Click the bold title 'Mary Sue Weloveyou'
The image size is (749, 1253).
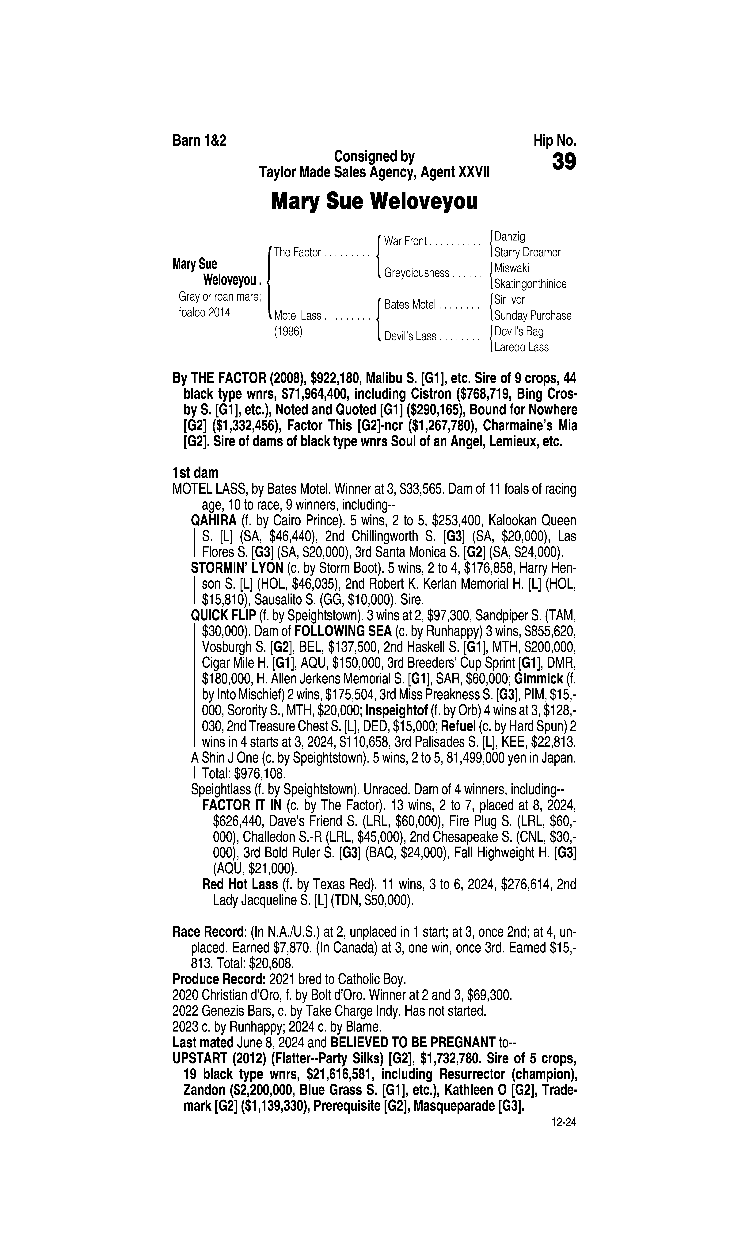[x=374, y=202]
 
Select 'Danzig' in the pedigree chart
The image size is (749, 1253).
[x=510, y=236]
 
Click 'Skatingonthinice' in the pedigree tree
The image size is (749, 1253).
[x=530, y=284]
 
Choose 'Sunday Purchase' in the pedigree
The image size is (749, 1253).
[x=532, y=316]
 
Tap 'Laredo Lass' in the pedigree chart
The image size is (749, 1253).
[x=521, y=347]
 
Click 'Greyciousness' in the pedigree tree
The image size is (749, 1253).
[x=416, y=273]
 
